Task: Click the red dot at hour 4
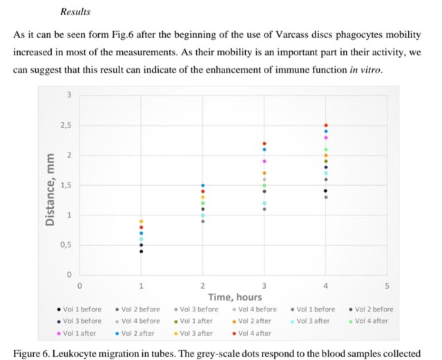click(326, 125)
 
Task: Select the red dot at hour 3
click(265, 143)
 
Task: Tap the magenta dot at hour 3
click(265, 161)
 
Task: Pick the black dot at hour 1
click(142, 251)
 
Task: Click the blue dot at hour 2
click(203, 185)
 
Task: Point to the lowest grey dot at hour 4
click(326, 197)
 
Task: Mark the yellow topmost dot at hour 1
click(142, 221)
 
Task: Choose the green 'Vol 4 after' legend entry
click(374, 321)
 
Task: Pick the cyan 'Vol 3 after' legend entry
click(315, 321)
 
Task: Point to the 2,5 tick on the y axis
click(67, 125)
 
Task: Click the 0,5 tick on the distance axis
click(67, 245)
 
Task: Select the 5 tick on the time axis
click(387, 285)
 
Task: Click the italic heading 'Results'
click(75, 12)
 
